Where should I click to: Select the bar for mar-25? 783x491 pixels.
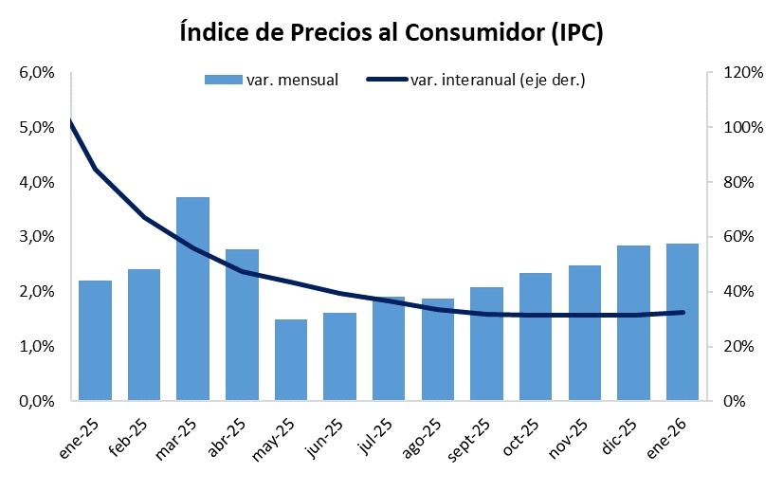click(192, 299)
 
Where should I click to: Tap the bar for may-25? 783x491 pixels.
click(291, 360)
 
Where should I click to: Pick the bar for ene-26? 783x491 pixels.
click(682, 322)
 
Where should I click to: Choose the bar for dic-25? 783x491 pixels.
click(632, 323)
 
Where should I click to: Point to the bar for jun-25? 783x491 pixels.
click(339, 356)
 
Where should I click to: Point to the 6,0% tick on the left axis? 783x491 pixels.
click(32, 73)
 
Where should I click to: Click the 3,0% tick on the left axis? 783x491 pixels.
click(32, 237)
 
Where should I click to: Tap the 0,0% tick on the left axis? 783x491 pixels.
click(32, 401)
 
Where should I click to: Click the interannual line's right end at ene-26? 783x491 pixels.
click(682, 312)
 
